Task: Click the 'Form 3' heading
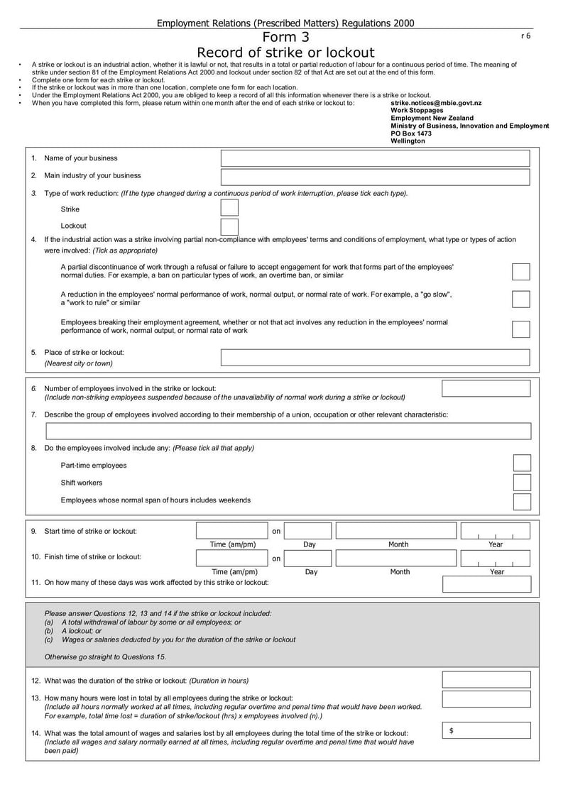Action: [285, 38]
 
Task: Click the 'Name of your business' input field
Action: [375, 158]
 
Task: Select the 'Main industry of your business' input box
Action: [375, 177]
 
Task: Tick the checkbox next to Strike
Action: [229, 208]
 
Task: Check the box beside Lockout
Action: [229, 226]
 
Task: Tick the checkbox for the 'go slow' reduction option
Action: [520, 299]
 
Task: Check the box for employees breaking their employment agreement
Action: [520, 329]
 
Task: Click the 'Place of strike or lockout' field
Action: [375, 357]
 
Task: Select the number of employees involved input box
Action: [486, 388]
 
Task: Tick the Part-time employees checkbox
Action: [522, 463]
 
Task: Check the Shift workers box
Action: [522, 483]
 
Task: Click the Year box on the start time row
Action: [495, 531]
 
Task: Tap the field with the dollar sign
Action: [486, 730]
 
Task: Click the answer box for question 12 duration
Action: [486, 680]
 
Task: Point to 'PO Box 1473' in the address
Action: [411, 133]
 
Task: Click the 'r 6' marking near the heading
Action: [525, 35]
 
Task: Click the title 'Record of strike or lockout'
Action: [285, 53]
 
